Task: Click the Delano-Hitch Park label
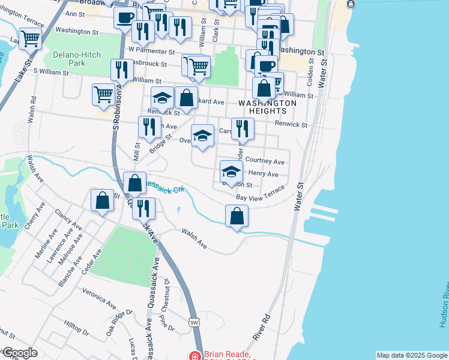(x=77, y=58)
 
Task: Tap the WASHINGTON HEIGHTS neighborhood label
(x=267, y=107)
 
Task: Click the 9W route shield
(x=194, y=322)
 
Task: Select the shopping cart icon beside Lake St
(x=30, y=40)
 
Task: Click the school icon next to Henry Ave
(x=231, y=171)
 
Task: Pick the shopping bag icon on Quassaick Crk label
(x=136, y=182)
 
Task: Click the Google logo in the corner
(x=19, y=353)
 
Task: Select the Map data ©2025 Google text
(x=412, y=355)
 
